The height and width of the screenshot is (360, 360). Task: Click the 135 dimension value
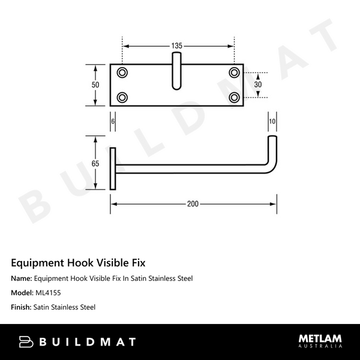point(177,46)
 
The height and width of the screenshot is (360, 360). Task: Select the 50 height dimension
point(95,85)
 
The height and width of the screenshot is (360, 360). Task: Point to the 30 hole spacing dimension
point(258,85)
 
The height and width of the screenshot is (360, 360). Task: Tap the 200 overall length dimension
point(193,204)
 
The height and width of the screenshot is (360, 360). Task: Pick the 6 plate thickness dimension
point(113,121)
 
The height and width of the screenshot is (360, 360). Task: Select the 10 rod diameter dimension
point(272,121)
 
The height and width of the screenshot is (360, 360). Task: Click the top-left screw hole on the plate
point(122,73)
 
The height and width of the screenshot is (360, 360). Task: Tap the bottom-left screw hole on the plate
point(122,97)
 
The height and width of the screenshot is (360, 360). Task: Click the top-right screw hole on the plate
point(233,73)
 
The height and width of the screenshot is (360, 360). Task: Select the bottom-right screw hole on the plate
point(233,97)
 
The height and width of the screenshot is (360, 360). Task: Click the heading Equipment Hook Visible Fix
point(78,263)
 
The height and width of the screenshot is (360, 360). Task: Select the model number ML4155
point(47,293)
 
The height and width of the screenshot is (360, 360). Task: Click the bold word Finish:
point(22,307)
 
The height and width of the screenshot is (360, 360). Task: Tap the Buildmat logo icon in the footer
point(26,342)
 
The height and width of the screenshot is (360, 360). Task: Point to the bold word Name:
point(22,278)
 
